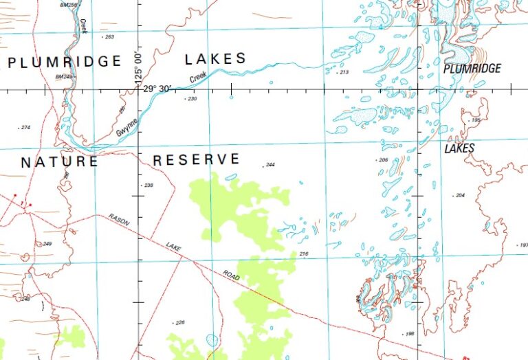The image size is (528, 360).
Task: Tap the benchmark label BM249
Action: point(63,77)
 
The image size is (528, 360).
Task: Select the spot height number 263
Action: point(109,36)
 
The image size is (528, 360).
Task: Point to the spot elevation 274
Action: point(26,127)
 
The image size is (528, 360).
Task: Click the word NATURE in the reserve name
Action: point(59,162)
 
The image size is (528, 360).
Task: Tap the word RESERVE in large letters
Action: point(197,159)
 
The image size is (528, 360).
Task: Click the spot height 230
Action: point(192,99)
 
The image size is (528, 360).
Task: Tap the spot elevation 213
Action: point(344,72)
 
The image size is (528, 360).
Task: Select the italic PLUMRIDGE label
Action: point(472,69)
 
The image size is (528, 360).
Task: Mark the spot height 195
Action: point(475,120)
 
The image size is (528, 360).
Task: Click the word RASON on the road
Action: point(119,221)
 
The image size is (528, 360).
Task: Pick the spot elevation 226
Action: point(180,322)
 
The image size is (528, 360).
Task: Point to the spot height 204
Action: point(460,195)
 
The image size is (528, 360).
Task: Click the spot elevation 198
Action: point(410,334)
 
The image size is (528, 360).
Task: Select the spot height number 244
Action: point(269,165)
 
